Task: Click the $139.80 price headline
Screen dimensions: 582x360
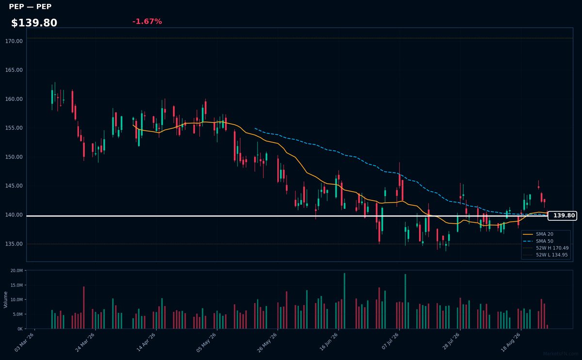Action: [x=34, y=23]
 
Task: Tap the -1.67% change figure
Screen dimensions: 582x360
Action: [x=147, y=21]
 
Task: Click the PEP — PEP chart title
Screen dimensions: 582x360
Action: [x=30, y=6]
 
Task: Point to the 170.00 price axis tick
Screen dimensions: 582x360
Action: [x=14, y=41]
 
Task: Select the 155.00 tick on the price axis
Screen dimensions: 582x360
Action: [x=14, y=128]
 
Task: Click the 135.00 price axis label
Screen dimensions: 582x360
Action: [x=14, y=244]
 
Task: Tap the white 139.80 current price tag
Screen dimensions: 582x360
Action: [x=562, y=216]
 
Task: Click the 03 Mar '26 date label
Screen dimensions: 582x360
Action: [x=24, y=343]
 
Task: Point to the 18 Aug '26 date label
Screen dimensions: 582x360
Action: [x=511, y=343]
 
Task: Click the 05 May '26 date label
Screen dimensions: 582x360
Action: [x=206, y=343]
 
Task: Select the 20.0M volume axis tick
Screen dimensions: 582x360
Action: [x=16, y=271]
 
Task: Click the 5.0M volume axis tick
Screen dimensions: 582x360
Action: [x=18, y=314]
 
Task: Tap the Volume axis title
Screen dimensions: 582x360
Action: [x=5, y=300]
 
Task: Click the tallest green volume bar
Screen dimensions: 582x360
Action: [x=344, y=301]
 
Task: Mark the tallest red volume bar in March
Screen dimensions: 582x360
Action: [x=83, y=308]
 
